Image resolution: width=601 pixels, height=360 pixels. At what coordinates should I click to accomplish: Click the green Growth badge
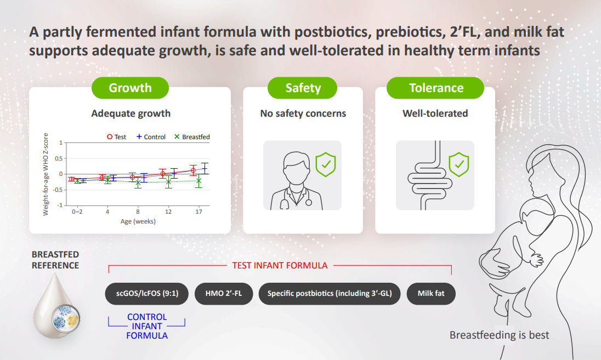130,88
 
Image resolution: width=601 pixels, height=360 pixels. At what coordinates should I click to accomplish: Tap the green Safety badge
302,88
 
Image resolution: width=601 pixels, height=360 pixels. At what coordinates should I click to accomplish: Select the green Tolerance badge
435,88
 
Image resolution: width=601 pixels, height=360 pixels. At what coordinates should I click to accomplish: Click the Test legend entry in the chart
116,137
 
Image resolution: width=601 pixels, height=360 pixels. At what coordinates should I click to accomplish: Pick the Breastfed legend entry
192,137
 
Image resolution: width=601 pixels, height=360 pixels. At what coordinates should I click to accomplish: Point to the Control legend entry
151,137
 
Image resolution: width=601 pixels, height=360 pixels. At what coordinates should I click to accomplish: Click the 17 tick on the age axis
199,212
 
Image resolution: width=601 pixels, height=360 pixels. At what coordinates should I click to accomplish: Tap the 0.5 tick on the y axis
59,158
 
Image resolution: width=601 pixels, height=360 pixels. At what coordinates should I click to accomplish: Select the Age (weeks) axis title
138,221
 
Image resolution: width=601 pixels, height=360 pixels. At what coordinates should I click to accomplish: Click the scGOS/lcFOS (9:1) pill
147,294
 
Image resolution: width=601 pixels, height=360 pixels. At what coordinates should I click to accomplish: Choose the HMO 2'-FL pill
224,294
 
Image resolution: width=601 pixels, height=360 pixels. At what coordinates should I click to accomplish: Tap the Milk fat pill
431,294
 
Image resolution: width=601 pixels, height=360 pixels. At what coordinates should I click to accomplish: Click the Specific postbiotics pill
330,294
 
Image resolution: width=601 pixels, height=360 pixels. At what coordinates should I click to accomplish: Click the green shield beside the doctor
326,164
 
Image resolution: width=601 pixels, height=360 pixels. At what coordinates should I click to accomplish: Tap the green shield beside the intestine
459,164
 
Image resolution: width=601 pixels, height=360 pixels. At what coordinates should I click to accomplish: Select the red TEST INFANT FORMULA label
280,265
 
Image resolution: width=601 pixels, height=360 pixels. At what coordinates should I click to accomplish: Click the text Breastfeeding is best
499,335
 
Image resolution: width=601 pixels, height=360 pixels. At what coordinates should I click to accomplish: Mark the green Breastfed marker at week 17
199,181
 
